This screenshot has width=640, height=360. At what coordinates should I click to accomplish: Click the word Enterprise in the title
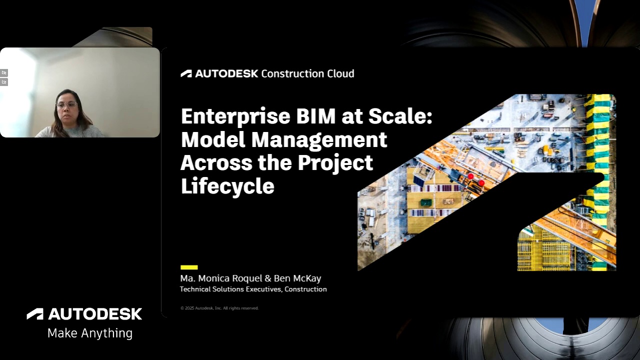point(235,116)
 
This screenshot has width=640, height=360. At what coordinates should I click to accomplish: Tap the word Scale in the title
point(398,116)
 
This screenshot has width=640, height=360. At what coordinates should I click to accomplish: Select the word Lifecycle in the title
point(227,186)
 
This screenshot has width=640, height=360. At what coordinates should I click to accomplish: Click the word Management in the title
point(319,139)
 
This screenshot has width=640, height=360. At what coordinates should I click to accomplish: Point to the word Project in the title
point(335,162)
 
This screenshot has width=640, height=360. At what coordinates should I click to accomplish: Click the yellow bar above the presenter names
point(189,267)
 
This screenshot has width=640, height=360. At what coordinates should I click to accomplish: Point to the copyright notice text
point(219,308)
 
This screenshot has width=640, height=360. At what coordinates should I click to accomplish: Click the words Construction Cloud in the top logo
point(307,73)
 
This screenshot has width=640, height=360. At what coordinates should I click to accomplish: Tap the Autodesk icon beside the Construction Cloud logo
point(186,74)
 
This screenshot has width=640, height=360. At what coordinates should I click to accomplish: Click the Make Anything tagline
point(90,333)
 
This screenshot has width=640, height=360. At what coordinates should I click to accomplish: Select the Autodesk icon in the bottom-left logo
point(35,314)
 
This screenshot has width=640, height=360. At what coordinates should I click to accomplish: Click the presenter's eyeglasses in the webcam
point(66,105)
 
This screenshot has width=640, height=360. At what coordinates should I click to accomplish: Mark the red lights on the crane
point(475,179)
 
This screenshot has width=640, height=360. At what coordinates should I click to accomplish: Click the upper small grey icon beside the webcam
point(4,73)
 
